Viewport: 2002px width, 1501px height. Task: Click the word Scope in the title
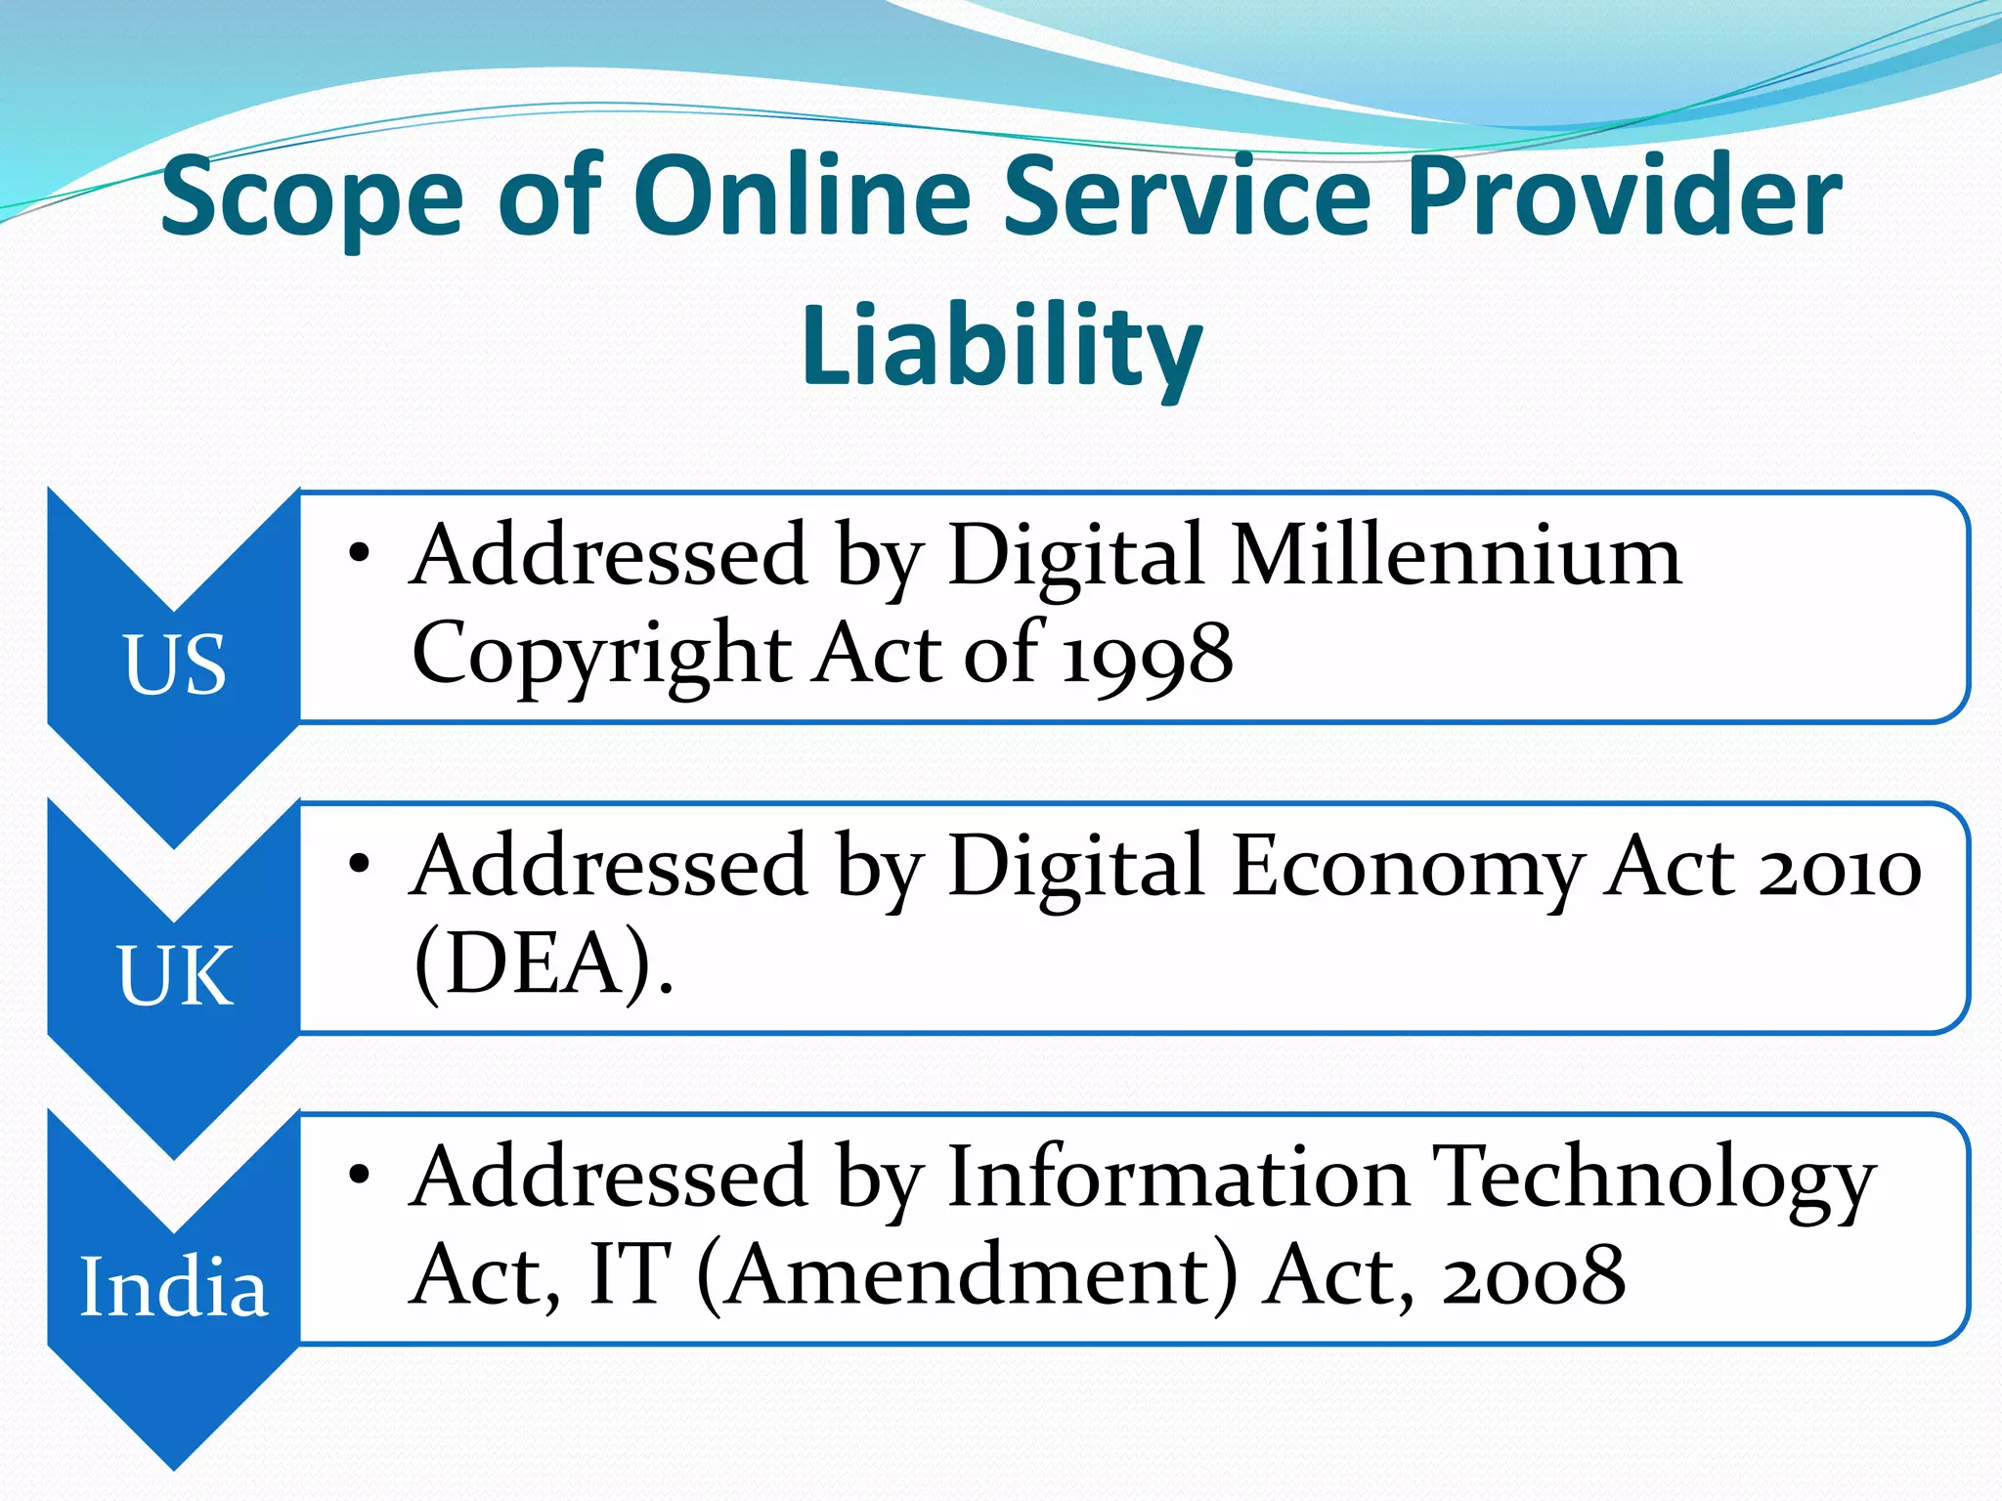pos(312,199)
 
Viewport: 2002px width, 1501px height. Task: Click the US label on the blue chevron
pos(175,665)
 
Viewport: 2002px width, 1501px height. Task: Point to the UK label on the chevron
pos(175,975)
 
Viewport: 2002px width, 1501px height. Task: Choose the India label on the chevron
pos(173,1287)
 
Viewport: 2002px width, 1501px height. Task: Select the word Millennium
pos(1457,555)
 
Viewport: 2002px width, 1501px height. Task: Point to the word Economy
pos(1407,869)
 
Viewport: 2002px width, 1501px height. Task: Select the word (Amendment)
pos(967,1276)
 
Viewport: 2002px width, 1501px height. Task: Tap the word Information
pos(1178,1177)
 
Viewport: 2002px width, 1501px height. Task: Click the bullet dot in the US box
pos(360,553)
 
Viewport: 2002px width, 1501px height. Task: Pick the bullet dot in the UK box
pos(360,864)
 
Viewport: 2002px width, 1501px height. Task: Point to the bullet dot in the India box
pos(360,1175)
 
